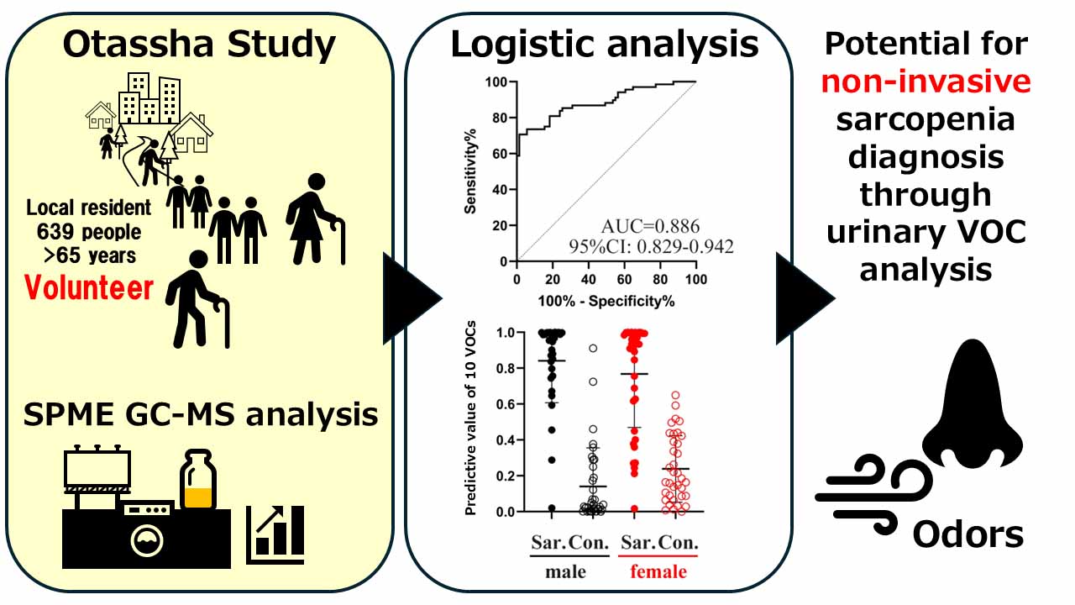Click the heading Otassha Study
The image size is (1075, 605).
click(x=199, y=44)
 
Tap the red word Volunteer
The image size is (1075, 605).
click(x=89, y=288)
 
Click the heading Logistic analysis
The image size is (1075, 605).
click(x=604, y=44)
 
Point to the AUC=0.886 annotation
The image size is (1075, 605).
click(x=650, y=225)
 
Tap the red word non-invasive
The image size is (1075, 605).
click(x=926, y=82)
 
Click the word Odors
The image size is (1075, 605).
click(x=968, y=533)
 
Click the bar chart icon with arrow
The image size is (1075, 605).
click(x=275, y=534)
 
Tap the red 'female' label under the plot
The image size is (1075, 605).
click(x=658, y=572)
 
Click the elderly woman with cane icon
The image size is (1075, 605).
click(x=315, y=218)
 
